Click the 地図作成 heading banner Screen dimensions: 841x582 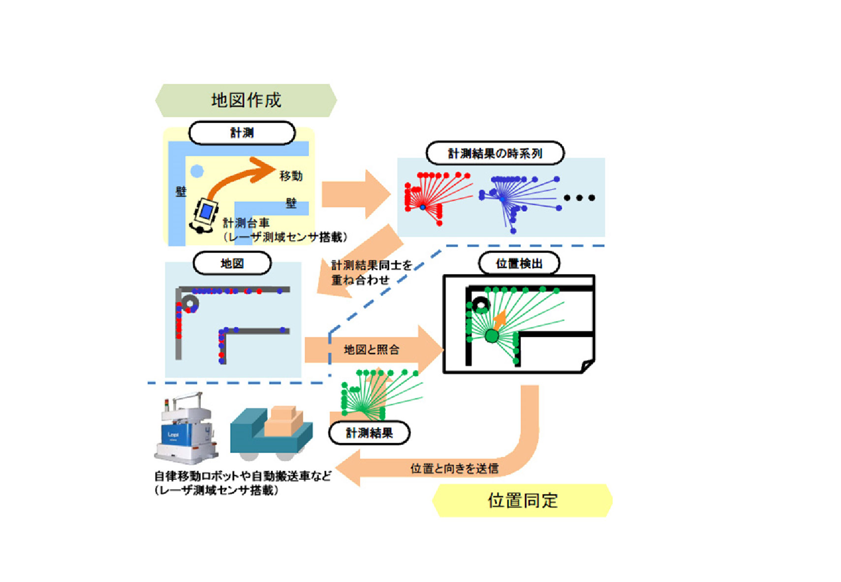(x=246, y=100)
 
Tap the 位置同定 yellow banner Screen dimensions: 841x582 (x=522, y=500)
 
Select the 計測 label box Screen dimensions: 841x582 (x=242, y=132)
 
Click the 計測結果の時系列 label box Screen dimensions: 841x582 (x=495, y=153)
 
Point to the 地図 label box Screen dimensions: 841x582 (x=232, y=263)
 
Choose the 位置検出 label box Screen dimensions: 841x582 (x=519, y=263)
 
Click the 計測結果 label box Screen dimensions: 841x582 (x=370, y=433)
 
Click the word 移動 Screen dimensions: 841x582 (x=291, y=176)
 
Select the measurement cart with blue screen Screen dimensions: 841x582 (x=205, y=215)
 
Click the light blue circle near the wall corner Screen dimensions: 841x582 (x=197, y=171)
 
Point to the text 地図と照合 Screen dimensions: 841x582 (x=372, y=350)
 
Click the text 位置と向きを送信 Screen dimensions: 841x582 (x=455, y=469)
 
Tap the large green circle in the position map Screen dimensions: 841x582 (x=492, y=335)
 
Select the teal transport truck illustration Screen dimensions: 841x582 (x=271, y=433)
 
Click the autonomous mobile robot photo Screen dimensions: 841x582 (x=186, y=428)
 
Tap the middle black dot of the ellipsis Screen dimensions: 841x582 (x=579, y=197)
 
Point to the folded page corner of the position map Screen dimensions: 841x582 (x=588, y=365)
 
